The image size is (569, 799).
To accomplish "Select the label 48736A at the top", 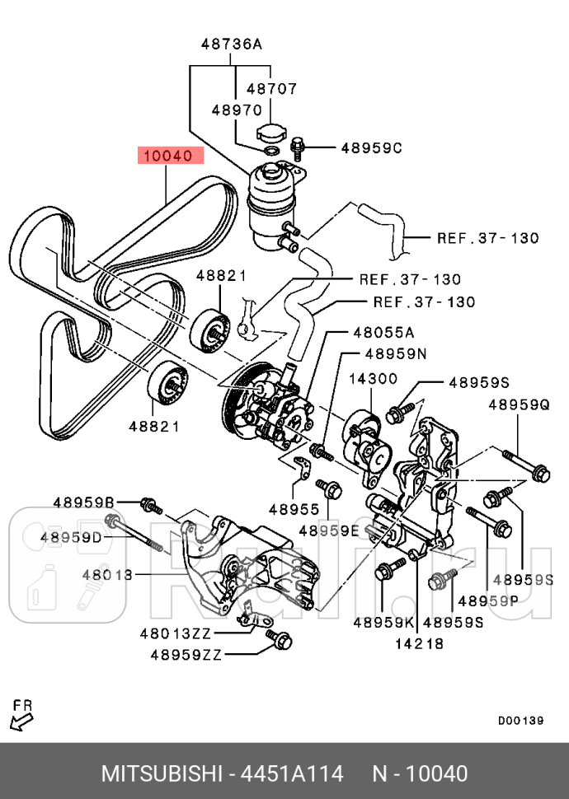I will (231, 46).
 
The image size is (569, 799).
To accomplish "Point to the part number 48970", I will (236, 110).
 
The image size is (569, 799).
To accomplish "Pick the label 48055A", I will (383, 333).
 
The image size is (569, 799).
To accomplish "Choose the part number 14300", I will (373, 379).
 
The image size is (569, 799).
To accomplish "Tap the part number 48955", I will (292, 510).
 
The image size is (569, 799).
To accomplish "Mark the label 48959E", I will (329, 531).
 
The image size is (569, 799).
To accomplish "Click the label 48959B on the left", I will (83, 502).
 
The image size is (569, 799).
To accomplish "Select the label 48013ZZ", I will (176, 633).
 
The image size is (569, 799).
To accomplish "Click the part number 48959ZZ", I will (186, 656).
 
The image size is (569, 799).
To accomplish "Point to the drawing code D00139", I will (520, 721).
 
